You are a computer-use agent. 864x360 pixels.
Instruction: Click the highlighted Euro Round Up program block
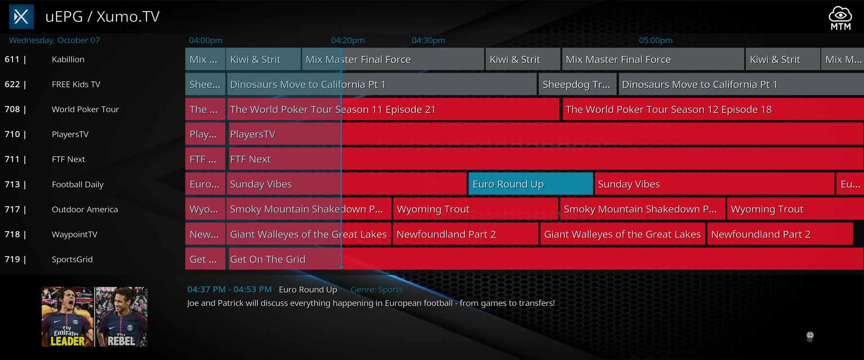tap(531, 184)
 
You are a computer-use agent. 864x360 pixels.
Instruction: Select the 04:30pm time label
tap(428, 40)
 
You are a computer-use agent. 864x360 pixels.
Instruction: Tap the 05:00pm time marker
tap(656, 40)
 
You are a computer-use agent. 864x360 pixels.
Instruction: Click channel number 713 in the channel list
tap(12, 184)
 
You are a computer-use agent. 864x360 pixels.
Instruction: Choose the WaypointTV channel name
tap(74, 234)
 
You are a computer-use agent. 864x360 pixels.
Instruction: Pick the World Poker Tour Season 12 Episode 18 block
tap(713, 109)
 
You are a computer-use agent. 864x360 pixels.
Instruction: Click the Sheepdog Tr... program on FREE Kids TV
tap(576, 84)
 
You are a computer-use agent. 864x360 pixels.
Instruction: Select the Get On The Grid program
tap(546, 259)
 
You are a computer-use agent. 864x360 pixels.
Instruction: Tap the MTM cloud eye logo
tap(840, 18)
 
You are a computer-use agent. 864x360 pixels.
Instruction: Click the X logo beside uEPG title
tap(21, 17)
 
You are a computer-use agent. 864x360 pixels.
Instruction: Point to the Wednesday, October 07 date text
tap(54, 40)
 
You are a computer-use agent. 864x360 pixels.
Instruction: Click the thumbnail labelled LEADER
tap(67, 317)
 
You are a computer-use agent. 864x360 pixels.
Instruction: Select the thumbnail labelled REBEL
tap(121, 317)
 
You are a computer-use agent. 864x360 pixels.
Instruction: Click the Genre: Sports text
tap(377, 290)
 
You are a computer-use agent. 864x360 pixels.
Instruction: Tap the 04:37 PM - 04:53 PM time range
tap(229, 289)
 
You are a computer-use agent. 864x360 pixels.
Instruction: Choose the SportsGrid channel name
tap(72, 260)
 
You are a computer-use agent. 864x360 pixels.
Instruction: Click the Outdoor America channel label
tap(85, 209)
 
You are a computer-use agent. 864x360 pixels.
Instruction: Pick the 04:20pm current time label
tap(348, 40)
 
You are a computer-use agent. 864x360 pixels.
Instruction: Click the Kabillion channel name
tap(68, 59)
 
